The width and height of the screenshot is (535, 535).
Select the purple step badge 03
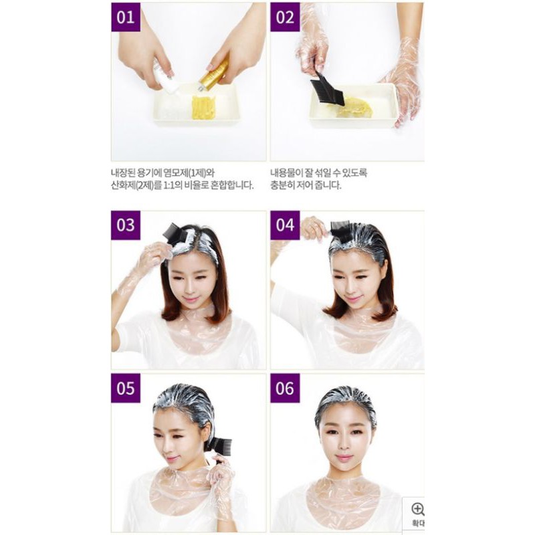tap(126, 225)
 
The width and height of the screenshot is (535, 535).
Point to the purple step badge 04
tap(285, 225)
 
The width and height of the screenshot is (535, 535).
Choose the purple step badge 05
tap(126, 389)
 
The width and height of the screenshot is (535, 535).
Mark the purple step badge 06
tap(285, 389)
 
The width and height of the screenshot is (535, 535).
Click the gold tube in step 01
tap(214, 74)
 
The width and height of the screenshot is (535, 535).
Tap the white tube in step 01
tap(166, 77)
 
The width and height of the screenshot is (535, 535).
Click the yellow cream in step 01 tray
tap(204, 107)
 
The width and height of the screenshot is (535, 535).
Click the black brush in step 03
tap(175, 234)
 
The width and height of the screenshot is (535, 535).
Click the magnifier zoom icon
tap(417, 509)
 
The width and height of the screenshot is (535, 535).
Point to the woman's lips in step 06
tap(344, 459)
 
